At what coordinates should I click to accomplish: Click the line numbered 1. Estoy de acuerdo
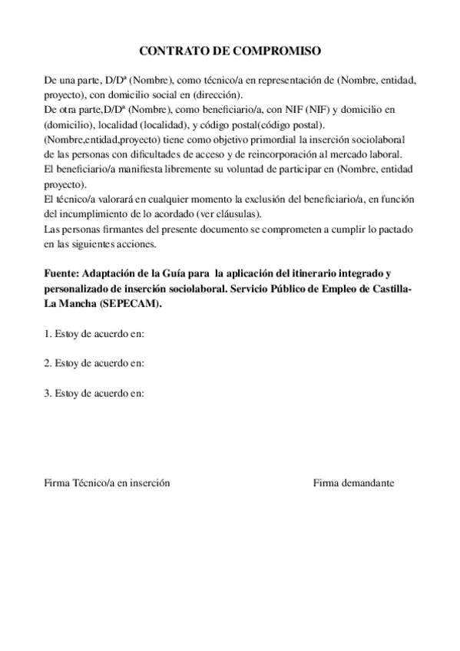pos(94,334)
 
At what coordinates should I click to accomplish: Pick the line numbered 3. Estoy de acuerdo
pos(94,394)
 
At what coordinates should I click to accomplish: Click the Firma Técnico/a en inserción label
pos(107,483)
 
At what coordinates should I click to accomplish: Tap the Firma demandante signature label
pos(353,483)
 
